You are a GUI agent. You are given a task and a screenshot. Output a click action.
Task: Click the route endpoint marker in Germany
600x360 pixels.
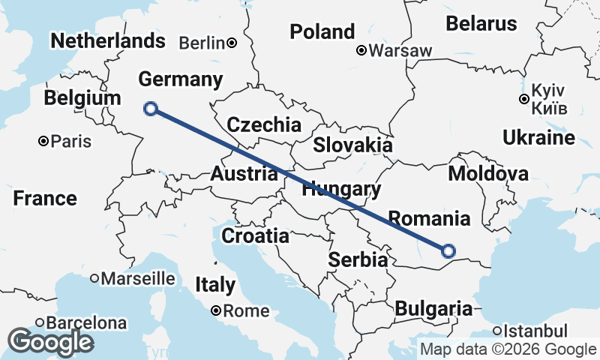tap(151, 109)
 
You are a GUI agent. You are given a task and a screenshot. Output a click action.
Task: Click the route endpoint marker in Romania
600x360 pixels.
tap(448, 251)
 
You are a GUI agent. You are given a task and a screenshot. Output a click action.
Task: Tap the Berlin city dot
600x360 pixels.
tap(232, 42)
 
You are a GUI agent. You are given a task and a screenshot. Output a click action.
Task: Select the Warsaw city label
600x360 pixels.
tap(401, 51)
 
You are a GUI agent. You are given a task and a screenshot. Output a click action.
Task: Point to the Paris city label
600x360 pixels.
tap(70, 141)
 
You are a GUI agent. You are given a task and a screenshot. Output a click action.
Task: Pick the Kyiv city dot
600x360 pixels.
tap(524, 99)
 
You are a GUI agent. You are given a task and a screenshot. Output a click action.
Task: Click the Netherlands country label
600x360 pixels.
tap(108, 40)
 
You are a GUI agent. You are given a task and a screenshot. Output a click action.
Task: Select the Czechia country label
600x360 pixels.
tap(264, 125)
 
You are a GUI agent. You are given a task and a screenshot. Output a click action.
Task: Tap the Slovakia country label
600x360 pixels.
tap(352, 145)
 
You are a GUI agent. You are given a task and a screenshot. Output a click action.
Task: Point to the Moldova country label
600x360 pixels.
tap(487, 174)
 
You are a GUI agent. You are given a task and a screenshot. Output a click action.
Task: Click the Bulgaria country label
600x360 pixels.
tap(433, 308)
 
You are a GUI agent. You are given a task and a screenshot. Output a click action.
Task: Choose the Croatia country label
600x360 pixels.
tap(255, 235)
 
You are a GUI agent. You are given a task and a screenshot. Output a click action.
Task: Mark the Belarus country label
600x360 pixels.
tap(481, 23)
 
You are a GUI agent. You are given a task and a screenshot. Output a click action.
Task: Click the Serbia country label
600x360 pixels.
tap(358, 260)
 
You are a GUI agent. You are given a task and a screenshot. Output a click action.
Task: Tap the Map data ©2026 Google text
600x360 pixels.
tap(508, 349)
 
